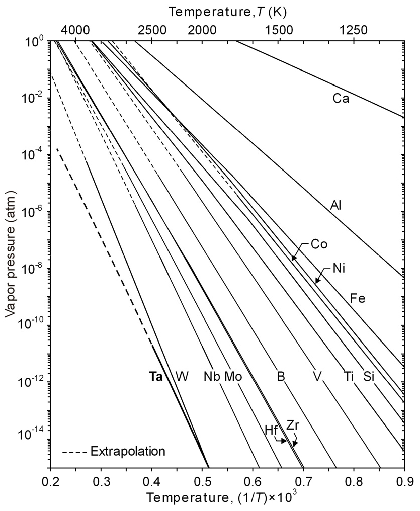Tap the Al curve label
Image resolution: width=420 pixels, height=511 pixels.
[336, 205]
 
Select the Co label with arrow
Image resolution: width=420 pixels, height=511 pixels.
[319, 245]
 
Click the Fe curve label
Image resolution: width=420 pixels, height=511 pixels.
[357, 299]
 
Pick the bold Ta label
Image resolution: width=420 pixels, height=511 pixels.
[155, 376]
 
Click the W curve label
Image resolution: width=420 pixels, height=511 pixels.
[182, 376]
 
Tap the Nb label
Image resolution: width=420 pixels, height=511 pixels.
[212, 376]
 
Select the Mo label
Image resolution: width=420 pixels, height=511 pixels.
[233, 376]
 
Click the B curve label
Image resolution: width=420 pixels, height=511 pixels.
[281, 376]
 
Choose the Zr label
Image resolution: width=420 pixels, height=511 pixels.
[293, 425]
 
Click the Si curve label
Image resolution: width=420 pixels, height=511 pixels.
[369, 376]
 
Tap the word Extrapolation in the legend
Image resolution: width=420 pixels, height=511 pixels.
[128, 451]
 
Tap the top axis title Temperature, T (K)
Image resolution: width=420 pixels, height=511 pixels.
[228, 11]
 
